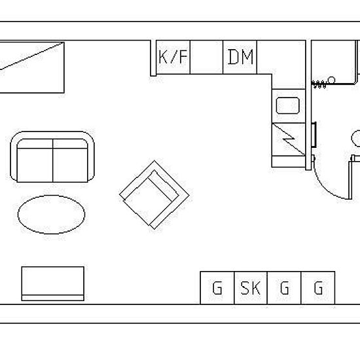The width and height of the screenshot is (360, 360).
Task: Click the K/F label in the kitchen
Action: pyautogui.click(x=173, y=57)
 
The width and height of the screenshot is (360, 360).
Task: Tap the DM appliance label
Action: pyautogui.click(x=241, y=57)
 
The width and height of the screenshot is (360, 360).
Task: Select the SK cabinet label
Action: pyautogui.click(x=251, y=288)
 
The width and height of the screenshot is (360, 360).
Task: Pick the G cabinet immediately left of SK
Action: pyautogui.click(x=217, y=288)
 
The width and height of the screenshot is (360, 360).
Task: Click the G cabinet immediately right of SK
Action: pyautogui.click(x=284, y=288)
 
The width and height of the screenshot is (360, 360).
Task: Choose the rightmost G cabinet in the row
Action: pyautogui.click(x=318, y=288)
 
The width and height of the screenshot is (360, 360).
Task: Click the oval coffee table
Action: pyautogui.click(x=52, y=215)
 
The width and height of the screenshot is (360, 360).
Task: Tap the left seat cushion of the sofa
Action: pyautogui.click(x=35, y=165)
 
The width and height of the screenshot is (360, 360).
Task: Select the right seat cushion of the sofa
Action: pyautogui.click(x=70, y=165)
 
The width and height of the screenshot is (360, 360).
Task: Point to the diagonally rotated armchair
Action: pyautogui.click(x=154, y=195)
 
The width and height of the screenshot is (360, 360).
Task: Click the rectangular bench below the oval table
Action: pyautogui.click(x=53, y=283)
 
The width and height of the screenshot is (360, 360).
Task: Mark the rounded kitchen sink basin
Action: pyautogui.click(x=288, y=105)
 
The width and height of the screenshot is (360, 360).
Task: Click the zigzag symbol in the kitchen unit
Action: pyautogui.click(x=289, y=139)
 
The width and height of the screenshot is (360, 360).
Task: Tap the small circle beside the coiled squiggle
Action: pyautogui.click(x=331, y=80)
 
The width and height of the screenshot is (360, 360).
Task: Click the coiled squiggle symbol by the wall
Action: pyautogui.click(x=319, y=84)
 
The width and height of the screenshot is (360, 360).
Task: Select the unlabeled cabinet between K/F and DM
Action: pyautogui.click(x=206, y=57)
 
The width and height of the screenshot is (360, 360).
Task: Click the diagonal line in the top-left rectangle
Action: pyautogui.click(x=31, y=56)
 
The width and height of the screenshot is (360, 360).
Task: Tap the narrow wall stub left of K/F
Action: pyautogui.click(x=153, y=58)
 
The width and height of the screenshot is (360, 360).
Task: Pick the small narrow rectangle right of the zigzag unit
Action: pyautogui.click(x=314, y=135)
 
